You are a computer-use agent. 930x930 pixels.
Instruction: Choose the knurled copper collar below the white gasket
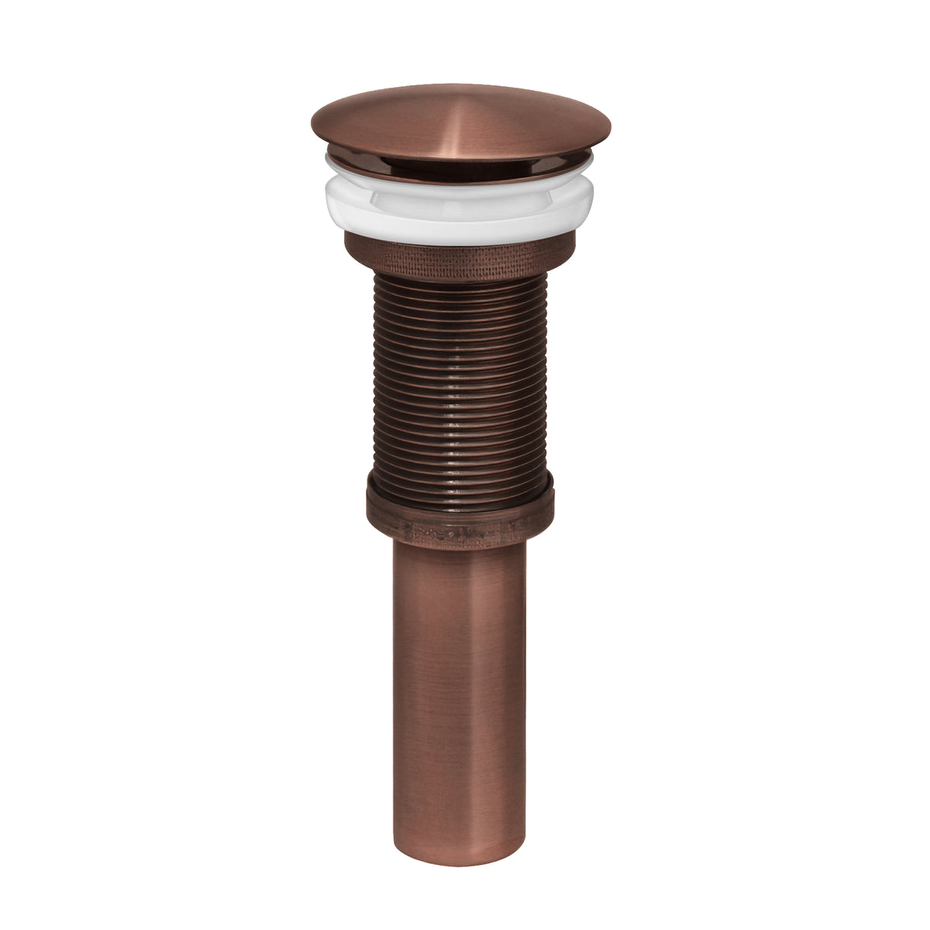coord(460,256)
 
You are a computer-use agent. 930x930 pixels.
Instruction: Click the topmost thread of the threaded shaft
coord(460,281)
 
